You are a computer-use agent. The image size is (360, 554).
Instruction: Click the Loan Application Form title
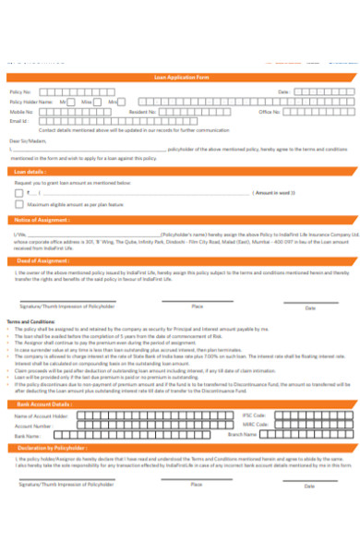179,79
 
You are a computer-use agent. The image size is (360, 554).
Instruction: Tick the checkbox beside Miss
98,102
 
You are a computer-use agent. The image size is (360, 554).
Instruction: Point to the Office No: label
270,111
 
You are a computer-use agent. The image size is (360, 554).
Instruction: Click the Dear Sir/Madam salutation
25,140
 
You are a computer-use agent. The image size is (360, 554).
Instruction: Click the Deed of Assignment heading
42,260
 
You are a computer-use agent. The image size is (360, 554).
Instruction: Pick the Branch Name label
242,434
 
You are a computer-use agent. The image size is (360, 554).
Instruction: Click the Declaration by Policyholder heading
51,449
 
